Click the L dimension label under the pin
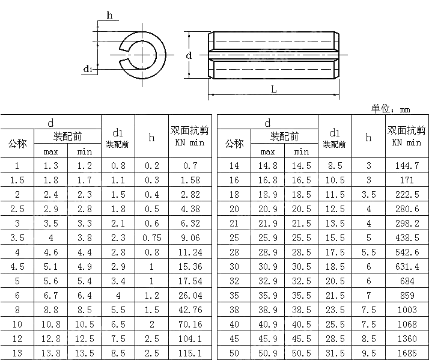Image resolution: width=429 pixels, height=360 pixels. point(273,89)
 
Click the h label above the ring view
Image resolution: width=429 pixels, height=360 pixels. point(109,16)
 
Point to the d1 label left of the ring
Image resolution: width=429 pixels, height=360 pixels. point(88,70)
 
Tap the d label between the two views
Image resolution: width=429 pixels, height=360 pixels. point(189,55)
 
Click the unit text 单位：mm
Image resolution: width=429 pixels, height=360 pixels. point(391,109)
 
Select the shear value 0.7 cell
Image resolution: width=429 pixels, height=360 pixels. point(190,165)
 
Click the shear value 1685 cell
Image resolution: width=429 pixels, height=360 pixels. point(407,353)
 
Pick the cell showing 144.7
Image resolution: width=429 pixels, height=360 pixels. point(407,165)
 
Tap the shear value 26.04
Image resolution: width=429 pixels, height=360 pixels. point(190,295)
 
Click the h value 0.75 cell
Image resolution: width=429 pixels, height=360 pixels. point(151,237)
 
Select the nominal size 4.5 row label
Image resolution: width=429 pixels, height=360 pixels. point(17,266)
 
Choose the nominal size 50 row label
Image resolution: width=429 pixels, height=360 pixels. point(234,353)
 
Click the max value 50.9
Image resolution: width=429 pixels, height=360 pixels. point(267,353)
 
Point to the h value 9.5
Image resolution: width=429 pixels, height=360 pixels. point(368,353)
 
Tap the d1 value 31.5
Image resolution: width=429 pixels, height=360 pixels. point(335,353)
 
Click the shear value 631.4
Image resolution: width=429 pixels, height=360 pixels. point(407,266)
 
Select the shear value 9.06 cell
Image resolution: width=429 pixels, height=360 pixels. point(190,237)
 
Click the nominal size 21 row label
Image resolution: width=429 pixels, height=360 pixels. point(234,223)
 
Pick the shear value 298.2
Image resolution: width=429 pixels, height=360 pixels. point(407,223)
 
